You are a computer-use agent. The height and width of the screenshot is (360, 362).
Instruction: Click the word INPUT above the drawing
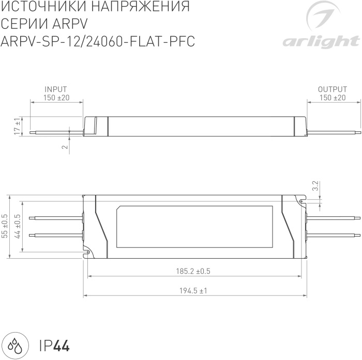56,89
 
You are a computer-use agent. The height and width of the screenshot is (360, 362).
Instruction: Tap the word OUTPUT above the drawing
332,89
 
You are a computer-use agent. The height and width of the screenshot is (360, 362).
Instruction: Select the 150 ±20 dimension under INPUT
56,98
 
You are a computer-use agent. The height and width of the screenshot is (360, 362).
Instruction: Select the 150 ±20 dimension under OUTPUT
333,98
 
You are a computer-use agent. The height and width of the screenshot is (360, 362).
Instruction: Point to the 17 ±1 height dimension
17,126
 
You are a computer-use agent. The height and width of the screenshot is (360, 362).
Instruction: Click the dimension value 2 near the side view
64,147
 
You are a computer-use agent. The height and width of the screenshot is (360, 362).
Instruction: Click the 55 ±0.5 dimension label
5,226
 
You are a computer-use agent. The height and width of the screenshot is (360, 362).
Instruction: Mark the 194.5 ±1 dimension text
193,291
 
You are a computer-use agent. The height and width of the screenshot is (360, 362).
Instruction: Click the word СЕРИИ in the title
24,24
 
